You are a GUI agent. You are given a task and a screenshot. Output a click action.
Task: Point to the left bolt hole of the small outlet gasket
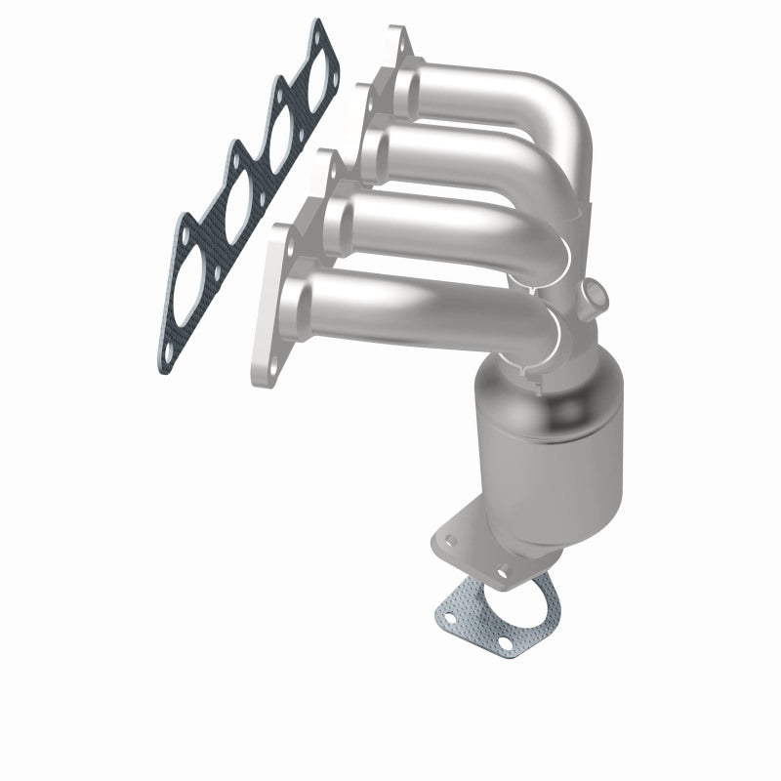pos(451,617)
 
